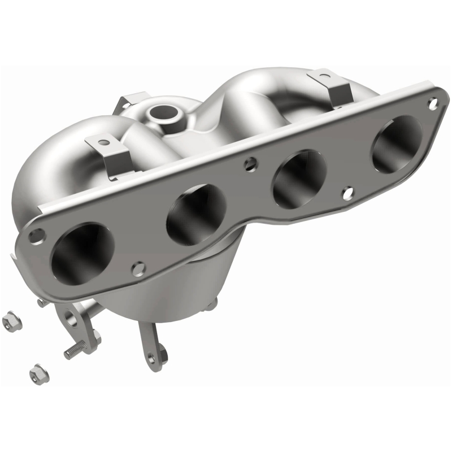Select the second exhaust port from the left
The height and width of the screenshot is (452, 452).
[x=189, y=214]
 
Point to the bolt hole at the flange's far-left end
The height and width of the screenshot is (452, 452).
[x=36, y=233]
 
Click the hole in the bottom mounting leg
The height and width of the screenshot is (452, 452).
[x=151, y=357]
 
